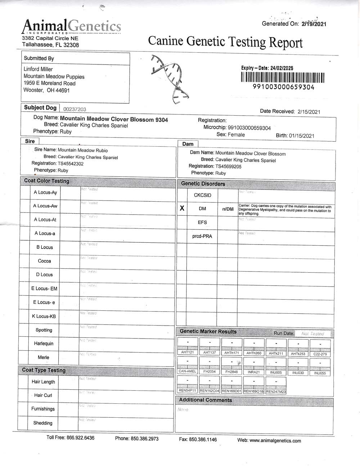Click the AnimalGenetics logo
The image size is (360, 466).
(71, 26)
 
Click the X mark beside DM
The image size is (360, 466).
(182, 208)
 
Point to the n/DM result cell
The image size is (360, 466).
(228, 209)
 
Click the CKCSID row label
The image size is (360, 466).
(202, 195)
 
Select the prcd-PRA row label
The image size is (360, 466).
(202, 236)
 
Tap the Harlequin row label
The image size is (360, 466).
(44, 344)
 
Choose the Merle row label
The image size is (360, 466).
(44, 357)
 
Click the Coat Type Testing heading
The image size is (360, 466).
(44, 370)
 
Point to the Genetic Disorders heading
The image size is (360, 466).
(203, 184)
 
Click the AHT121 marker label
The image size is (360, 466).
(188, 353)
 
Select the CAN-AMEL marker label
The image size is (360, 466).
(188, 371)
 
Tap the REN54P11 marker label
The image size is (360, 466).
(188, 391)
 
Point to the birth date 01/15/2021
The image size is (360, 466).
(301, 136)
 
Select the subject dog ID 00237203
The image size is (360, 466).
(75, 109)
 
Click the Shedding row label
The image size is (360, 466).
(43, 423)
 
